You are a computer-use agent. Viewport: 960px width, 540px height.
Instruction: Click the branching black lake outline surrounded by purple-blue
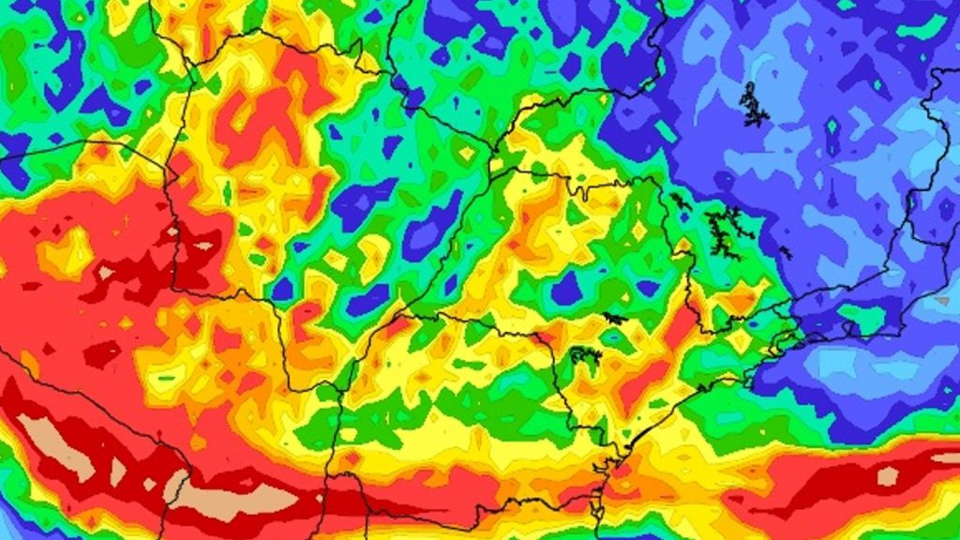click(752, 105)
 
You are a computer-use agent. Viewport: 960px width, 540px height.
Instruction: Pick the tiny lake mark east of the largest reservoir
click(785, 251)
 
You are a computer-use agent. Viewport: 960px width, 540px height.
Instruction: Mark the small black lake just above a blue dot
click(679, 201)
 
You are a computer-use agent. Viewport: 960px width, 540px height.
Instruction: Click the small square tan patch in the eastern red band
click(886, 476)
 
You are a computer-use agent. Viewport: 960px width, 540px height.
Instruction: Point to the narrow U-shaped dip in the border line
click(586, 193)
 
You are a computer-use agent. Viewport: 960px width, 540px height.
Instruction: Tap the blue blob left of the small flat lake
click(567, 291)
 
